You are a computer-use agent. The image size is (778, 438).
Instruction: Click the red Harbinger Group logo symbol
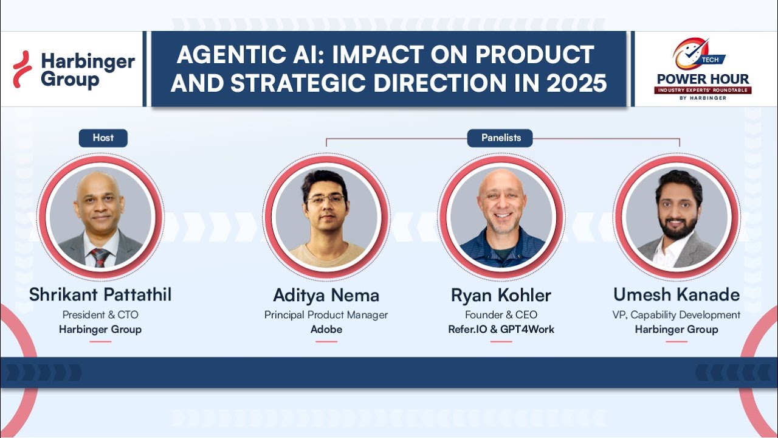22,69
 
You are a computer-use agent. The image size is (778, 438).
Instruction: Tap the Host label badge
103,138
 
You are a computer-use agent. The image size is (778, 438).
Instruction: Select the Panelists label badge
501,138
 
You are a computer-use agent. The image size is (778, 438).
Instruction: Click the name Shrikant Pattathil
100,295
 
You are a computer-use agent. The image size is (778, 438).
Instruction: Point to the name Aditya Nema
326,296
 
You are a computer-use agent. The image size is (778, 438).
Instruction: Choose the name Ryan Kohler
501,296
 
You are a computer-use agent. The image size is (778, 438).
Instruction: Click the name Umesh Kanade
676,295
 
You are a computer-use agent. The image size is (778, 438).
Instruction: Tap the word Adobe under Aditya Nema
326,329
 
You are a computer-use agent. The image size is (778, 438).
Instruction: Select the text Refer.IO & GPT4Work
501,329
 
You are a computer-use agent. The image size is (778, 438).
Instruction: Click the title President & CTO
100,315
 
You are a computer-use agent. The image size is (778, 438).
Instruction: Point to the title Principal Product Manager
326,315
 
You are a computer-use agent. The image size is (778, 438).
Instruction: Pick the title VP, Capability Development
676,315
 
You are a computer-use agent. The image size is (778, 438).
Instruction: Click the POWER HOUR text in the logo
703,79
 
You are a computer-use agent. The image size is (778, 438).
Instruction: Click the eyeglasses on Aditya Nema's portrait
325,200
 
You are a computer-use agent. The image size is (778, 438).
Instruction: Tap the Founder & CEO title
501,315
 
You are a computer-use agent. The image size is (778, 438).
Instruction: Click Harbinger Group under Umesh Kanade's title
676,329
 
